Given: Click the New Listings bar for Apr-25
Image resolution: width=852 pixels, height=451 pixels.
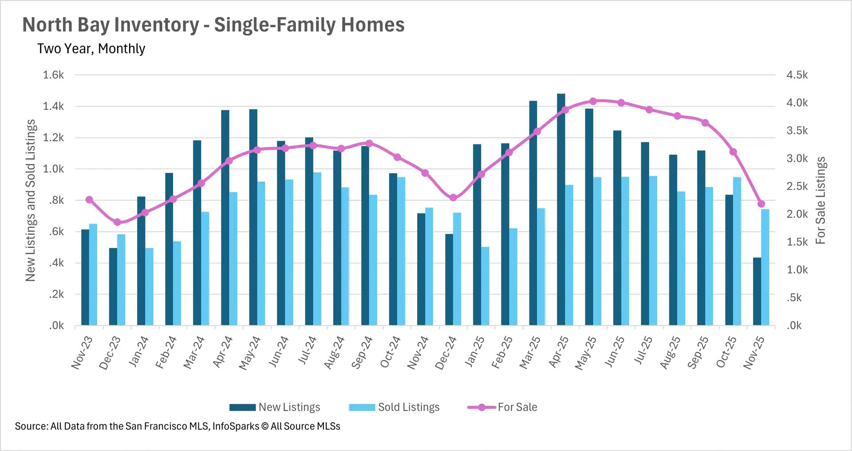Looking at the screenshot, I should pyautogui.click(x=561, y=209).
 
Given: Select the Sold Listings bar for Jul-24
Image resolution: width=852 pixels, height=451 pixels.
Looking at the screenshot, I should pyautogui.click(x=317, y=249).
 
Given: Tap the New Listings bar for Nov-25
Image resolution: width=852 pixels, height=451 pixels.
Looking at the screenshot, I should pyautogui.click(x=757, y=291).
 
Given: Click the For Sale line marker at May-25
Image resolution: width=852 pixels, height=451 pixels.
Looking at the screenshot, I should pyautogui.click(x=593, y=101).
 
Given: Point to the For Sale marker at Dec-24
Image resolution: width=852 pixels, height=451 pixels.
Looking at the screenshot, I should pyautogui.click(x=453, y=198).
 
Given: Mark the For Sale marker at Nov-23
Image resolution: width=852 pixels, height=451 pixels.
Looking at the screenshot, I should pyautogui.click(x=89, y=200).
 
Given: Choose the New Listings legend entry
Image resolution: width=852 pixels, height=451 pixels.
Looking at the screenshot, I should pyautogui.click(x=275, y=407).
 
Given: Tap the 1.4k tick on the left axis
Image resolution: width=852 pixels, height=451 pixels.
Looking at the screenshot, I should pyautogui.click(x=53, y=106).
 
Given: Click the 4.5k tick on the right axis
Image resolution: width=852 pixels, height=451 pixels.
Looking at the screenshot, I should pyautogui.click(x=797, y=75).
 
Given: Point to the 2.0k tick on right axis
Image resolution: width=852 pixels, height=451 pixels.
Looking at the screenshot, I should pyautogui.click(x=797, y=214).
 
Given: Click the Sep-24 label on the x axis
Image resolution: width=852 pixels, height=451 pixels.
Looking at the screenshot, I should pyautogui.click(x=362, y=353).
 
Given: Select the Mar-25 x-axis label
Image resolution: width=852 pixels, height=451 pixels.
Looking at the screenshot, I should pyautogui.click(x=530, y=353).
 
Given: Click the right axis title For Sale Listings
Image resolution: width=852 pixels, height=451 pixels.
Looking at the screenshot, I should pyautogui.click(x=820, y=200).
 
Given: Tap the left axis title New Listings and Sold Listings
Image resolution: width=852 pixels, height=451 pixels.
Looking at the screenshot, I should pyautogui.click(x=30, y=200).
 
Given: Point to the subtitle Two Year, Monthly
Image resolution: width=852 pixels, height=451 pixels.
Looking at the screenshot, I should pyautogui.click(x=91, y=48).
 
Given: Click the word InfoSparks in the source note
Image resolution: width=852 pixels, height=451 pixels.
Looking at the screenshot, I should pyautogui.click(x=236, y=426).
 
